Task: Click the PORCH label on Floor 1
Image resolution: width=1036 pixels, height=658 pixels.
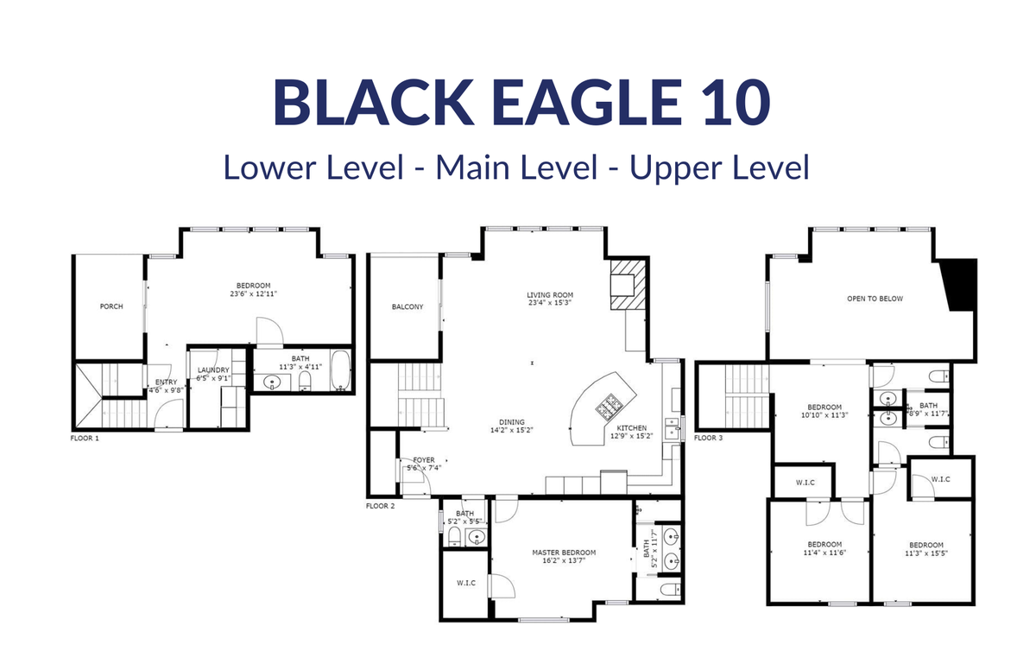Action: point(111,307)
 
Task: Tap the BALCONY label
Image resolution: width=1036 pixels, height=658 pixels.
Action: point(407,307)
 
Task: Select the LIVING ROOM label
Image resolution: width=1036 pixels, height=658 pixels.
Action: point(550,294)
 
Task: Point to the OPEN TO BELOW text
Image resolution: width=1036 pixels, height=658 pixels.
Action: point(875,299)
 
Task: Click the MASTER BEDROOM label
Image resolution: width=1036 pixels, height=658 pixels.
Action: point(564,553)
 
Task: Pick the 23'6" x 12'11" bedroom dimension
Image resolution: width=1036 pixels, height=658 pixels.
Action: point(254,294)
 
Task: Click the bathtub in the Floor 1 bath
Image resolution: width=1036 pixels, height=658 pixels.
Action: point(340,370)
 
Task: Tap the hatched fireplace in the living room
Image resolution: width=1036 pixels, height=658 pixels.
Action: point(628,285)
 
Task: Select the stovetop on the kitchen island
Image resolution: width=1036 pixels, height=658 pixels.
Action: point(608,407)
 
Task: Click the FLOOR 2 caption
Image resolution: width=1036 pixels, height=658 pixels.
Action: point(380,506)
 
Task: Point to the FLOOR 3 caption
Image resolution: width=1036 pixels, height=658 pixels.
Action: point(708,438)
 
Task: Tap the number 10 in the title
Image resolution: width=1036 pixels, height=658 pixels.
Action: point(736,102)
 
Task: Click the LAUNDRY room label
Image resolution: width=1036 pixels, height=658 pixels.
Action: point(213,370)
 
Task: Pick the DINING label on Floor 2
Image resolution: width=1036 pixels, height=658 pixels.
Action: point(511,422)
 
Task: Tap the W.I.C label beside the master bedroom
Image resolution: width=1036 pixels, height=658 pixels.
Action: point(465,583)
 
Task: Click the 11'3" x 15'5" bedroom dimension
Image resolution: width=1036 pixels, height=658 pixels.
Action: point(925,553)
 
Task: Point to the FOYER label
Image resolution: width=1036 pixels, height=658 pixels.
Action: point(424,460)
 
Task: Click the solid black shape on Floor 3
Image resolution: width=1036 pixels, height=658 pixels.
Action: point(960,285)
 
